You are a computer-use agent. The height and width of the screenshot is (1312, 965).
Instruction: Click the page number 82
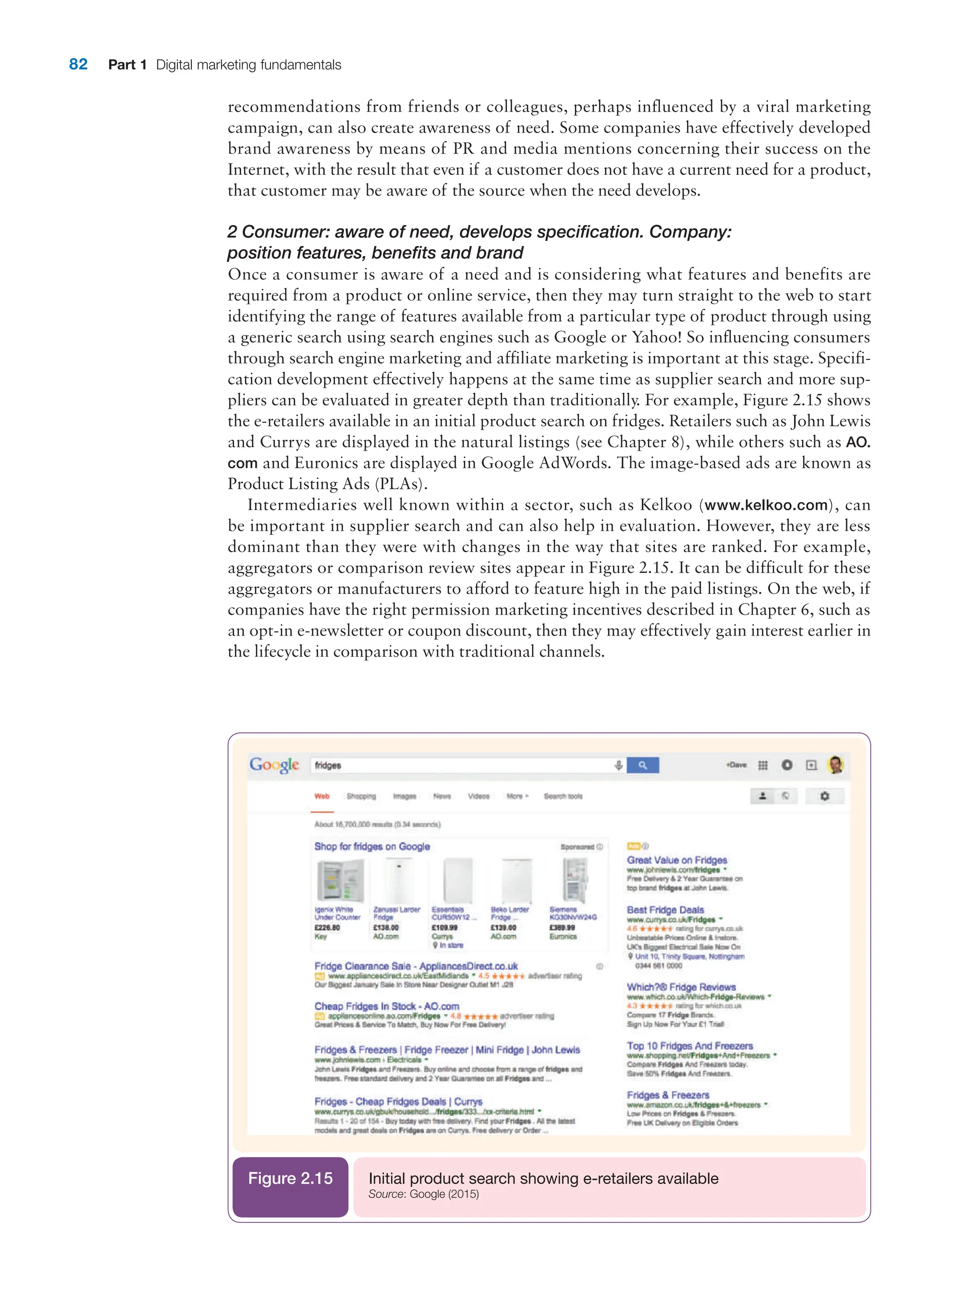click(78, 64)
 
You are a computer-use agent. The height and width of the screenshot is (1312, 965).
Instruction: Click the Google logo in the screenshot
click(274, 765)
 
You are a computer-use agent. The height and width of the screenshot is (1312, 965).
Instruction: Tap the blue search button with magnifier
click(643, 765)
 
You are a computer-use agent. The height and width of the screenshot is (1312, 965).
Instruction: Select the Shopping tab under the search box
click(361, 796)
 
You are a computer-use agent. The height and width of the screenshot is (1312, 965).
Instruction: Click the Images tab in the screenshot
click(404, 796)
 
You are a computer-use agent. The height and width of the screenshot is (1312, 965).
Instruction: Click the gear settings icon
click(824, 796)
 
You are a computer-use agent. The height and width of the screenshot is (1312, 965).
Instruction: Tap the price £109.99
click(444, 927)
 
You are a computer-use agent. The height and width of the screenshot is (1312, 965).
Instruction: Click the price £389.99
click(562, 927)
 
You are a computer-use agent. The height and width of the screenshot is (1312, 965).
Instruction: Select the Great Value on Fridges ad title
click(677, 860)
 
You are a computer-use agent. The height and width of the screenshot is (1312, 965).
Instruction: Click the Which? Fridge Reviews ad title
click(681, 987)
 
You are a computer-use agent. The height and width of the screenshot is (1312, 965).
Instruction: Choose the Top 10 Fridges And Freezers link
click(690, 1046)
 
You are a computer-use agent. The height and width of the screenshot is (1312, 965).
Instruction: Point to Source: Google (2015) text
click(424, 1194)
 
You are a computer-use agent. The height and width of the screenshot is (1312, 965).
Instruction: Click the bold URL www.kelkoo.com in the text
click(766, 505)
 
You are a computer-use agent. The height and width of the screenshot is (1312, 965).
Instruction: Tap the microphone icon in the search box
click(619, 765)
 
